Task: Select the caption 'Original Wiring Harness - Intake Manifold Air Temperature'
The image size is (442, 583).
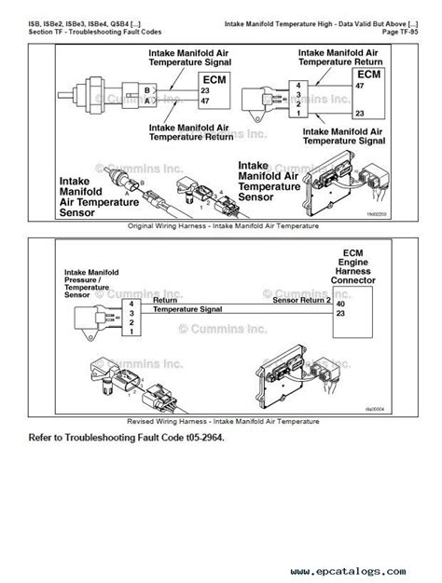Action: point(221,226)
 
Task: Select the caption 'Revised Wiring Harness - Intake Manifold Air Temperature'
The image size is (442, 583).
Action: point(221,420)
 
